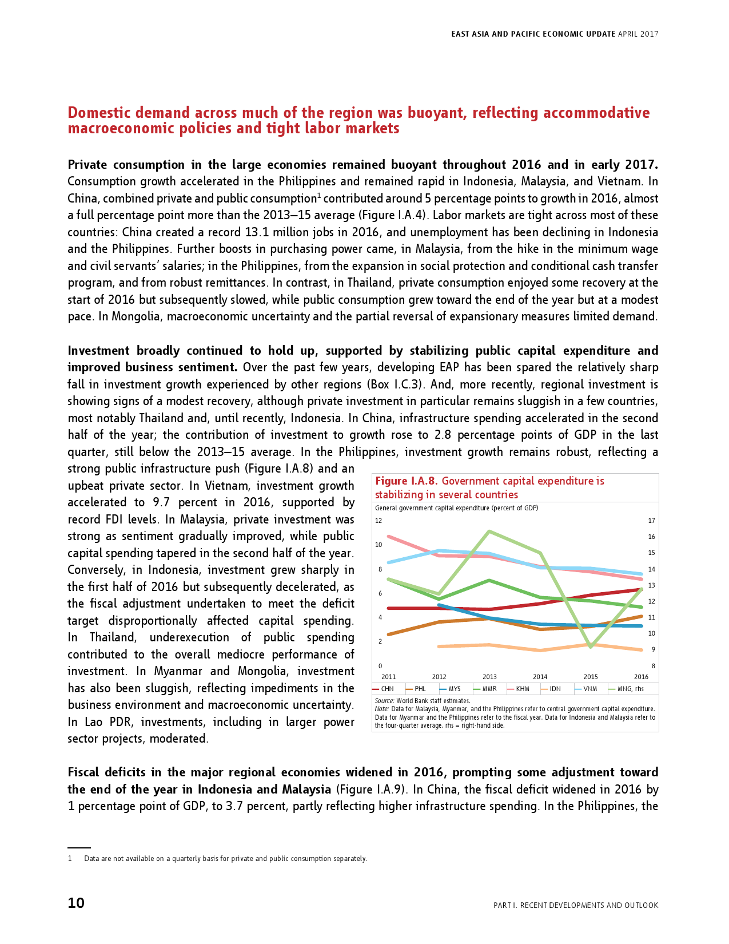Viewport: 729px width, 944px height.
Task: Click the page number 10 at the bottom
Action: [x=76, y=903]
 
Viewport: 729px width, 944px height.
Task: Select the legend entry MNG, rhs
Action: [x=630, y=689]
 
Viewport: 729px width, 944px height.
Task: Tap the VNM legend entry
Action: [x=589, y=689]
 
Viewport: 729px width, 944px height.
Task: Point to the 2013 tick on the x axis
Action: [x=489, y=677]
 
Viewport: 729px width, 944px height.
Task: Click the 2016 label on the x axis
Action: [x=641, y=677]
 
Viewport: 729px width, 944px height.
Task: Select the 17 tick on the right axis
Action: [x=651, y=521]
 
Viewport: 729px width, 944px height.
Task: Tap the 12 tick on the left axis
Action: [x=379, y=521]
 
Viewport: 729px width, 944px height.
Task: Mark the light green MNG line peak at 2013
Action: [x=489, y=531]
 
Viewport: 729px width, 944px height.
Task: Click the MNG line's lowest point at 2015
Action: [x=591, y=647]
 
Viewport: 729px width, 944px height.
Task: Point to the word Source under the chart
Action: [x=384, y=701]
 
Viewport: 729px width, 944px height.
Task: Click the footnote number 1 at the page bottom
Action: [x=70, y=858]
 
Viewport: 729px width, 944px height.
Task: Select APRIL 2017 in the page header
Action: [x=638, y=34]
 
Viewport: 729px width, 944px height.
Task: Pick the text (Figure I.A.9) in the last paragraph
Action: [x=371, y=790]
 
